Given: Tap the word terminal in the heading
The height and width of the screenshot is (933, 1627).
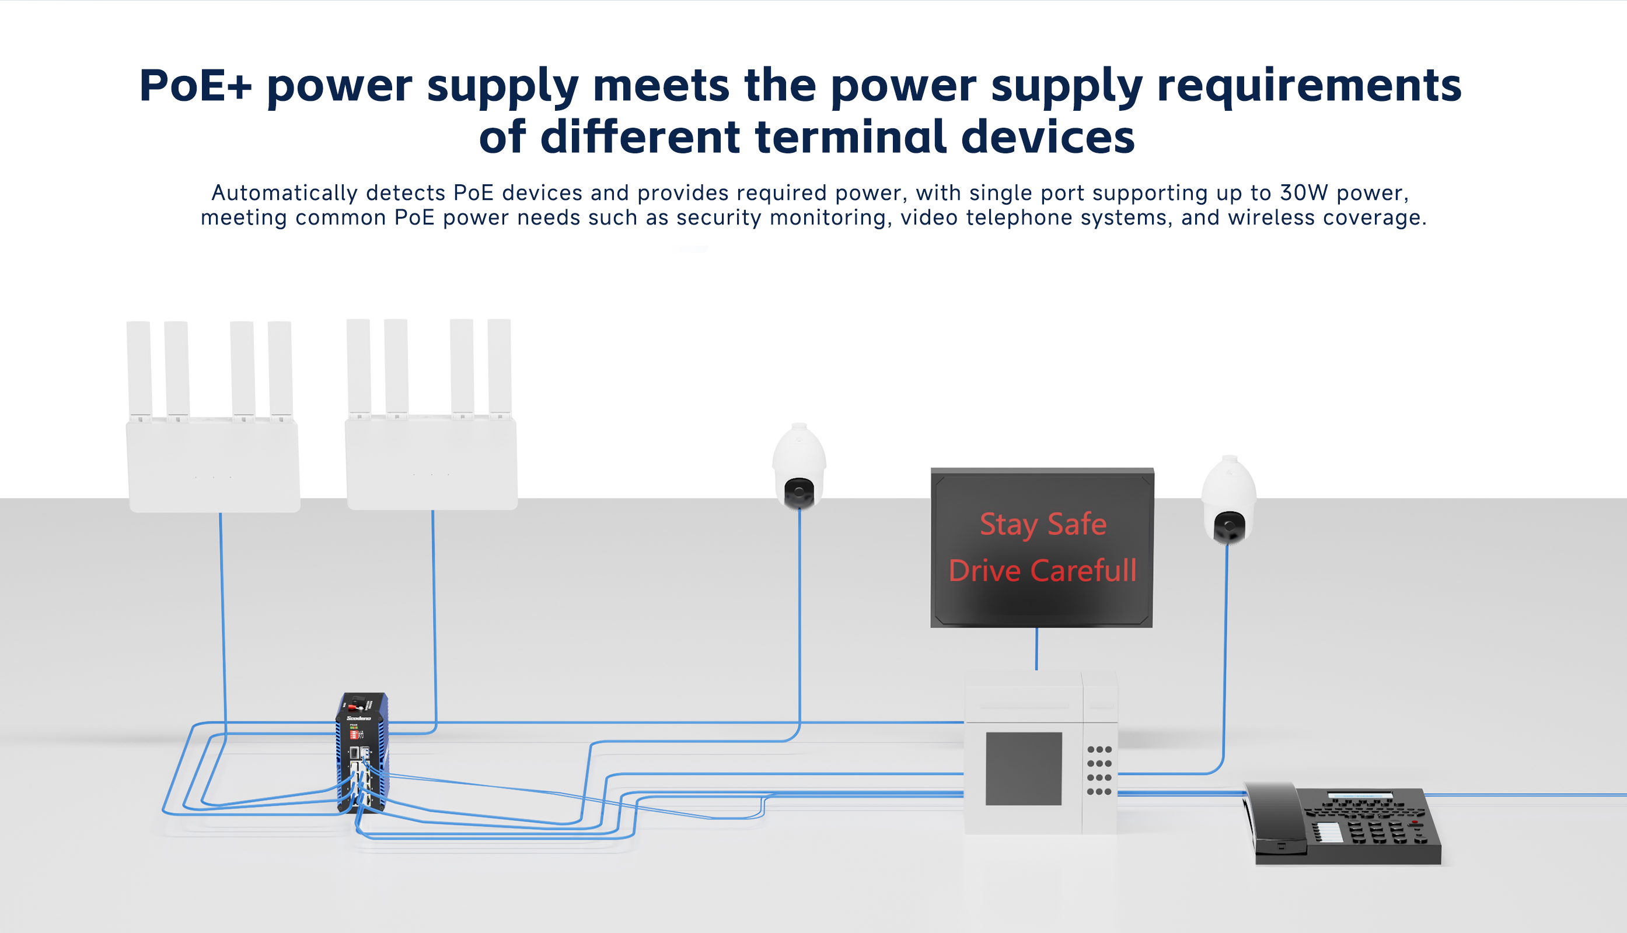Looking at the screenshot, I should click(850, 137).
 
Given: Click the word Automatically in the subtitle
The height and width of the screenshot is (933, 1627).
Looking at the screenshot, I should click(284, 193).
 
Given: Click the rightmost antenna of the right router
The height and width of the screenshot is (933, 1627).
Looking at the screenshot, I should click(500, 367).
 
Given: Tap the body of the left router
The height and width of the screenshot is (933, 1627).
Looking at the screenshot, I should click(214, 465).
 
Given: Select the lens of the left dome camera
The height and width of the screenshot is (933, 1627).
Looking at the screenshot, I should click(798, 493).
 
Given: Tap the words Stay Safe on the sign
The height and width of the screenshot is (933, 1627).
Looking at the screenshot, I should click(1043, 524).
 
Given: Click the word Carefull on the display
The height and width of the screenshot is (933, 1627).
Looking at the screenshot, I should click(1083, 570).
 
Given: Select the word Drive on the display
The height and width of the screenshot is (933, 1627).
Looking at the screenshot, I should click(984, 570).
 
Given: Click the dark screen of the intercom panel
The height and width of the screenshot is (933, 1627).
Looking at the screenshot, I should click(1023, 769).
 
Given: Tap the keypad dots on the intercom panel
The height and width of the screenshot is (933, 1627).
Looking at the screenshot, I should click(1099, 771).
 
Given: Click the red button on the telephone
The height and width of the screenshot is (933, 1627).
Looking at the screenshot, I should click(1415, 822).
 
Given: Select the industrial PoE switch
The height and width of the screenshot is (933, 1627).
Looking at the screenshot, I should click(362, 753).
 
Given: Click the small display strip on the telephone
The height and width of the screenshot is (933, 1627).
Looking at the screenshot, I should click(1360, 796).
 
